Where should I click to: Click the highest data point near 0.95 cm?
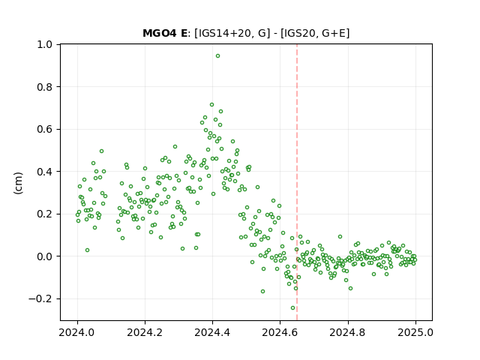pos(217,56)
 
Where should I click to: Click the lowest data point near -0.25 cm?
pos(293,308)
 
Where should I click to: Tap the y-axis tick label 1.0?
pos(45,45)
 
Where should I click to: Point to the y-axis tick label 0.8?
pos(45,87)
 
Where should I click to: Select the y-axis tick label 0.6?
pos(45,130)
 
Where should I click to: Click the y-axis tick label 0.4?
pos(45,172)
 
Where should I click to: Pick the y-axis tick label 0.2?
pos(45,214)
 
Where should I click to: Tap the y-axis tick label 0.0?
pos(45,256)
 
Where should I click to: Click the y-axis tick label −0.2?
pos(40,298)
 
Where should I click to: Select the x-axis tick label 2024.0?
pos(77,332)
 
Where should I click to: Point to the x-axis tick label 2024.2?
pos(145,332)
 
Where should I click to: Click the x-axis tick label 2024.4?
pos(212,332)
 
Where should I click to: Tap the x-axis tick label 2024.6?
pos(280,332)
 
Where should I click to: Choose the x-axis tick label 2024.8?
pos(347,332)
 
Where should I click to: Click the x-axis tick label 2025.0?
pos(415,332)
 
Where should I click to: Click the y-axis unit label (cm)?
pos(18,183)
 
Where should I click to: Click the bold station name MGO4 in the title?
pos(160,33)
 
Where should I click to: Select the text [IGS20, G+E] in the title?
pos(315,33)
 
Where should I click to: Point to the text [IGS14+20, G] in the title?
pos(232,33)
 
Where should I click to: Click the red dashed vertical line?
pos(297,182)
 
